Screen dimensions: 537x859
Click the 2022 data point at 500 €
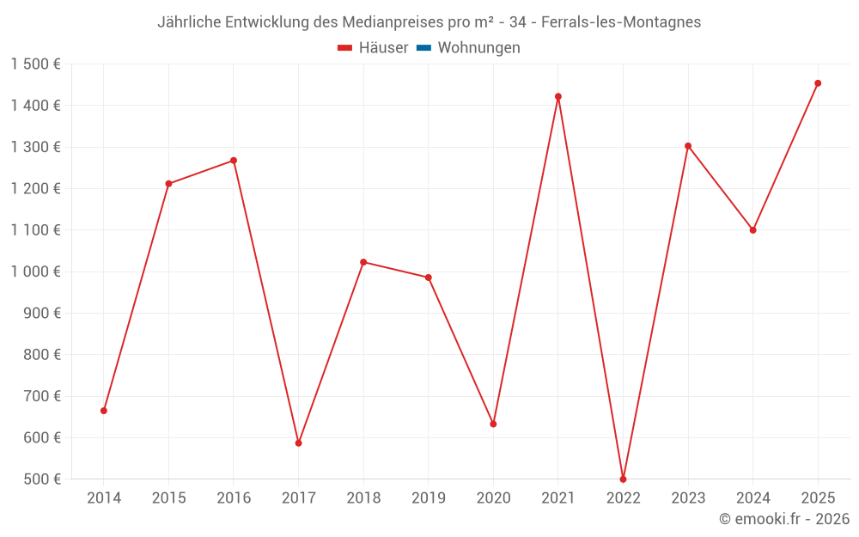[623, 479]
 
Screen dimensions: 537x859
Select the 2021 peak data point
[558, 96]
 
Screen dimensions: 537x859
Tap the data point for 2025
[818, 83]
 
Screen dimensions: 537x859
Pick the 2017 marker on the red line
[298, 443]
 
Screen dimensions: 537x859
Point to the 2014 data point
[104, 411]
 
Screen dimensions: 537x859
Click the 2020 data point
[493, 424]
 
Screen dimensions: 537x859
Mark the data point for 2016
[234, 161]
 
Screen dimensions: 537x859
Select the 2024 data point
[753, 230]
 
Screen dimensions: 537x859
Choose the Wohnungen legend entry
[478, 48]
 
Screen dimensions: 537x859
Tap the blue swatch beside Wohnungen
[423, 48]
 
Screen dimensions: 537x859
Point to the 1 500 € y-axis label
[35, 64]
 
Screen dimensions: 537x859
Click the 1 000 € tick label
[35, 272]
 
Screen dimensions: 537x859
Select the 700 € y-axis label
[41, 396]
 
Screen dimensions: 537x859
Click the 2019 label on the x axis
[428, 497]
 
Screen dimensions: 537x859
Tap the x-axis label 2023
[688, 497]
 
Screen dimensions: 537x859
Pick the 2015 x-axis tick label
[168, 497]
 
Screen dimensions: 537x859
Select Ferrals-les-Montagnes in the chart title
[620, 22]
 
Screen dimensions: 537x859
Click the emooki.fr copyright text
[784, 519]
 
